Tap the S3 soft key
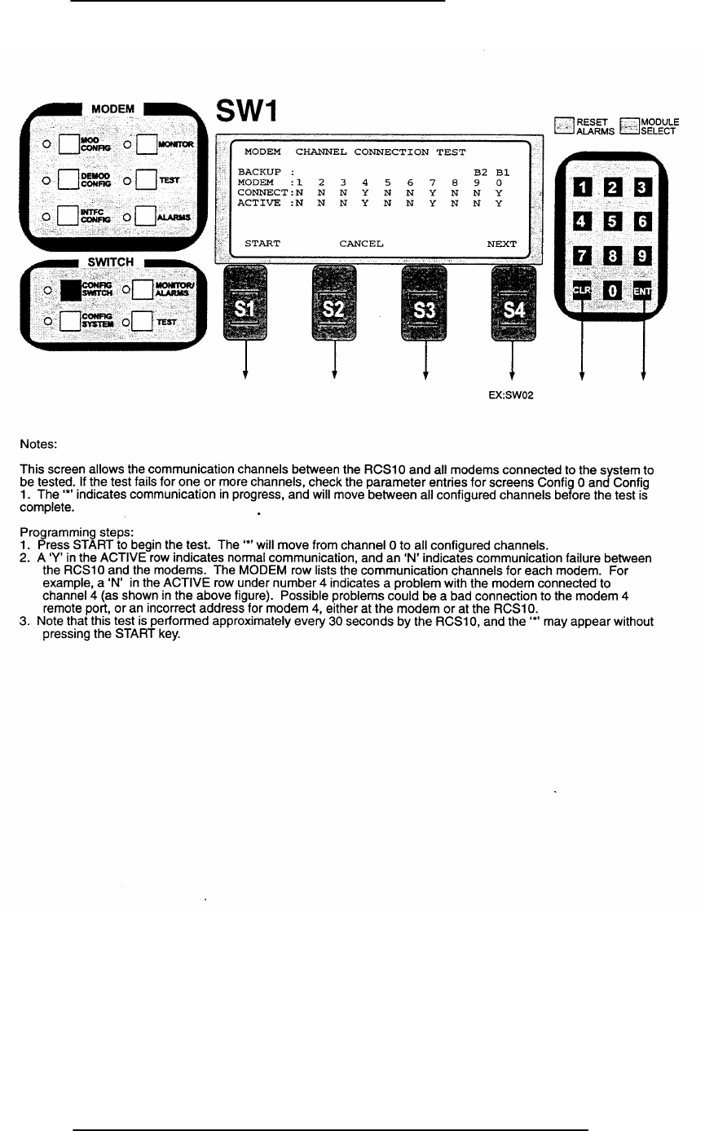click(424, 303)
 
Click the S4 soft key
click(513, 303)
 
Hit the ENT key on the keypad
click(642, 291)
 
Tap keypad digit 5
click(612, 221)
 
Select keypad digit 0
click(612, 291)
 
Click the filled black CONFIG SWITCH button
click(71, 290)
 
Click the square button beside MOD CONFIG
click(69, 144)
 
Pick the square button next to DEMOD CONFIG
click(68, 179)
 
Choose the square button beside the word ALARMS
click(145, 216)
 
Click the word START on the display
click(262, 244)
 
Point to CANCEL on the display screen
click(361, 244)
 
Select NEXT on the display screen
click(501, 244)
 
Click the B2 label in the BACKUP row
click(480, 172)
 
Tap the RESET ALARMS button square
click(564, 125)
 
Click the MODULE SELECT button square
click(630, 126)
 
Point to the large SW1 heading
click(247, 111)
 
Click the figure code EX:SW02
click(510, 395)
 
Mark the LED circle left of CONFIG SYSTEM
click(48, 321)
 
